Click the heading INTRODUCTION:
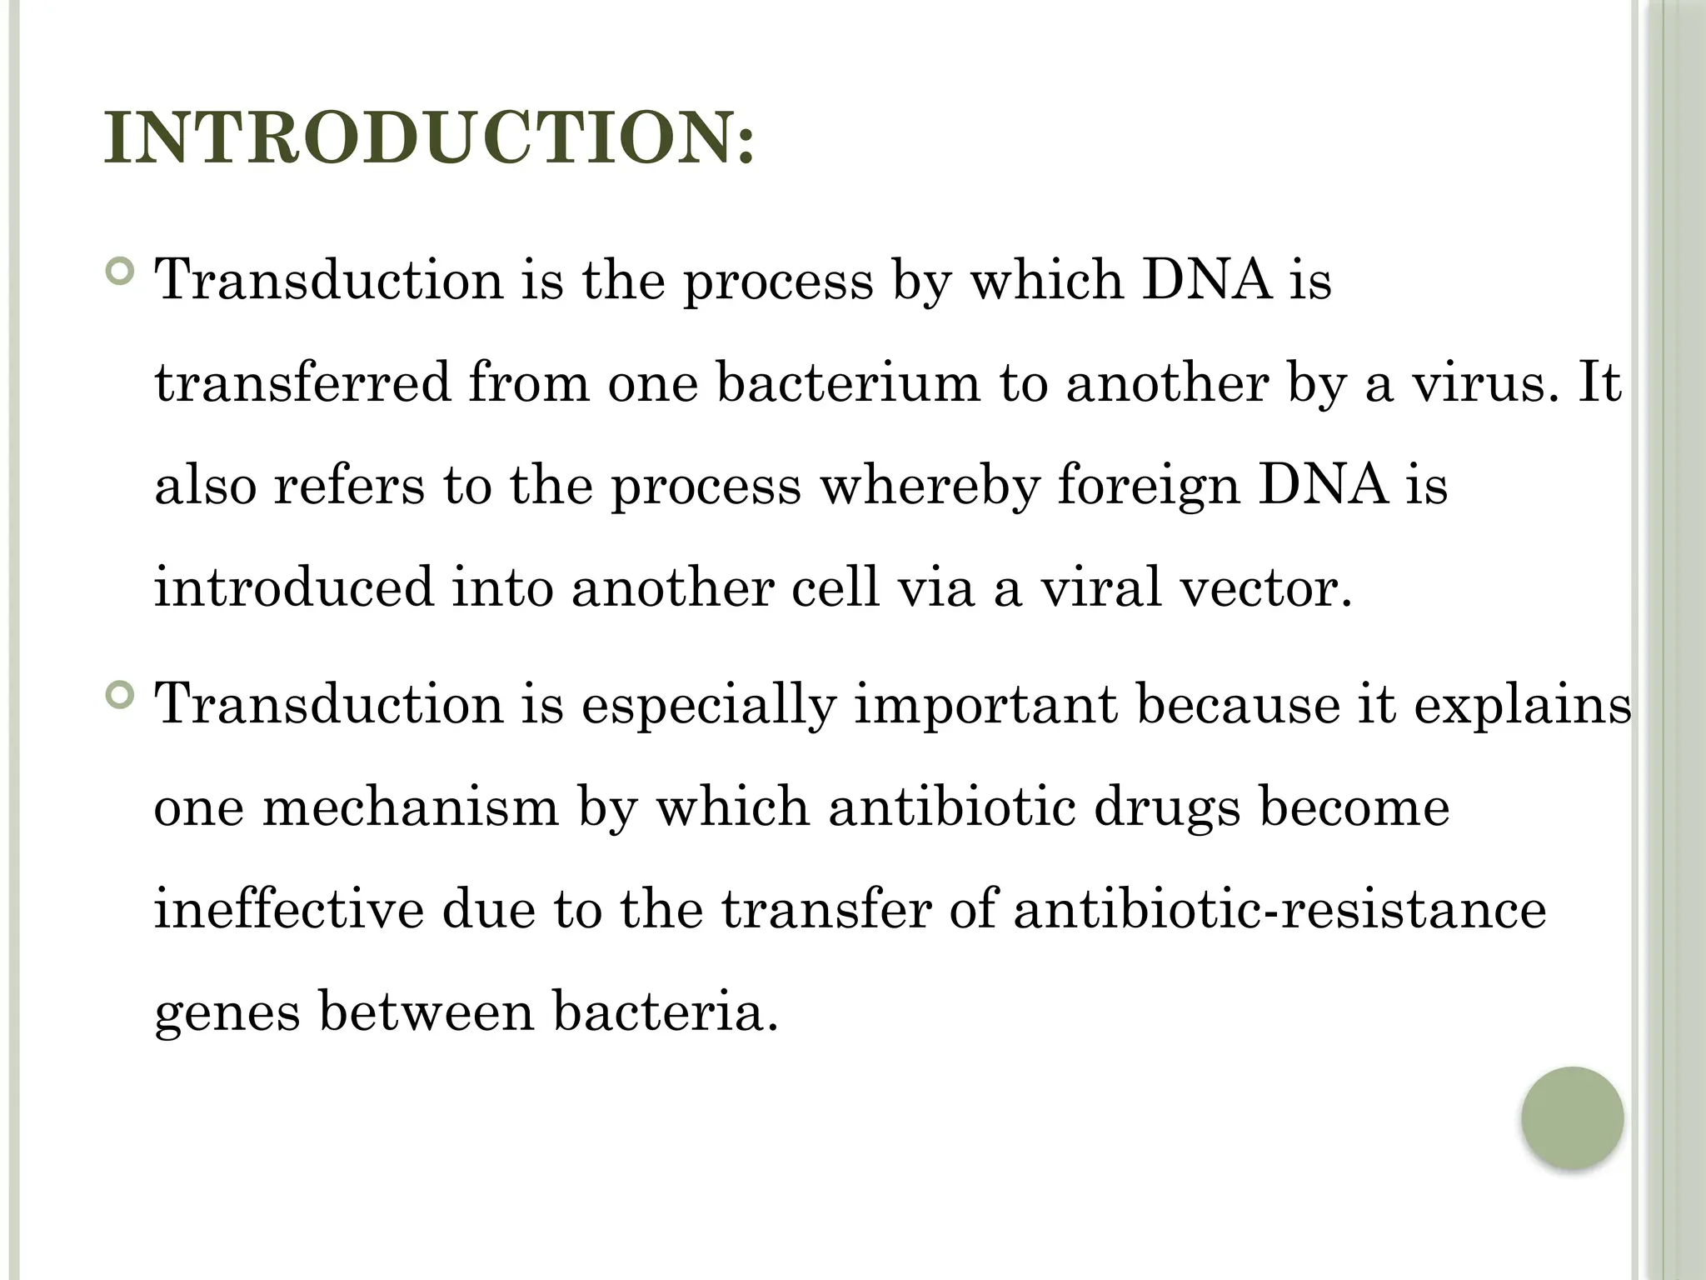pos(429,137)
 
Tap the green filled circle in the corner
pos(1572,1117)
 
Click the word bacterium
pos(848,383)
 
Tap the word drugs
pos(1165,808)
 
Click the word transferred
pos(302,383)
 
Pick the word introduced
pos(294,587)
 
